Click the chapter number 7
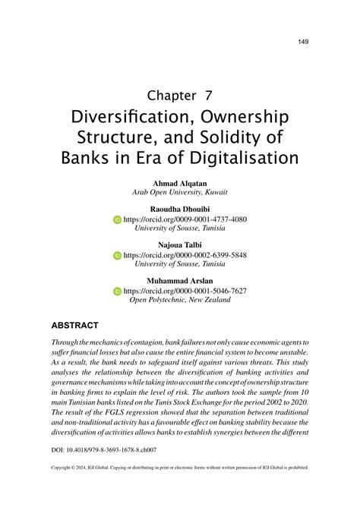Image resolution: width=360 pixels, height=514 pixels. click(207, 96)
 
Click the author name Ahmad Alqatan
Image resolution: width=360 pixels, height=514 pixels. click(180, 184)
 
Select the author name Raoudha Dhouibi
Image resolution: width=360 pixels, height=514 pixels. click(180, 209)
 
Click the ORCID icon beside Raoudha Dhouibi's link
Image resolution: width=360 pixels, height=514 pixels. click(118, 219)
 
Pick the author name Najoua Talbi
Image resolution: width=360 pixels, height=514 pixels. click(180, 244)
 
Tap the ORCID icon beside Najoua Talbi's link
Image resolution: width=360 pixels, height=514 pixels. click(118, 255)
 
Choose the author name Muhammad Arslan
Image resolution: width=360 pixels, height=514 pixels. click(180, 280)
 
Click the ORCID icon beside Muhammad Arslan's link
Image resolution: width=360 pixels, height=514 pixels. click(118, 291)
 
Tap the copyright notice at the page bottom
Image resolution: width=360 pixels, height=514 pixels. click(180, 468)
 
